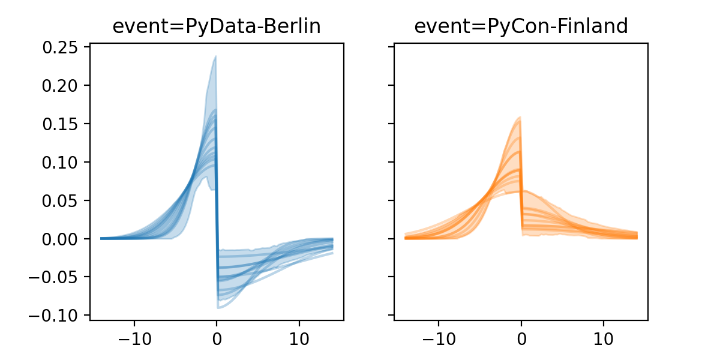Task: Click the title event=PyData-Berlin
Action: coord(217,26)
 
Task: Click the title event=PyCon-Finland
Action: coord(521,26)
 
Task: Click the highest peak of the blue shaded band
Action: coord(215,57)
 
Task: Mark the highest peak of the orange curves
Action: coord(520,117)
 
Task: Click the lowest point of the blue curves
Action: coord(218,308)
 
